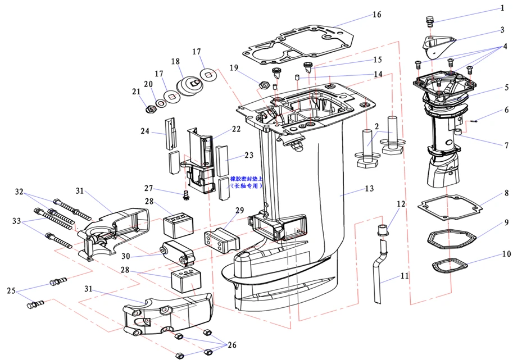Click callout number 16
376,15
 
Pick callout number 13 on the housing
369,189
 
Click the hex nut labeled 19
262,85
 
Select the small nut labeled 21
151,107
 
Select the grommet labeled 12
382,229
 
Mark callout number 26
232,345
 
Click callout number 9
506,222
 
